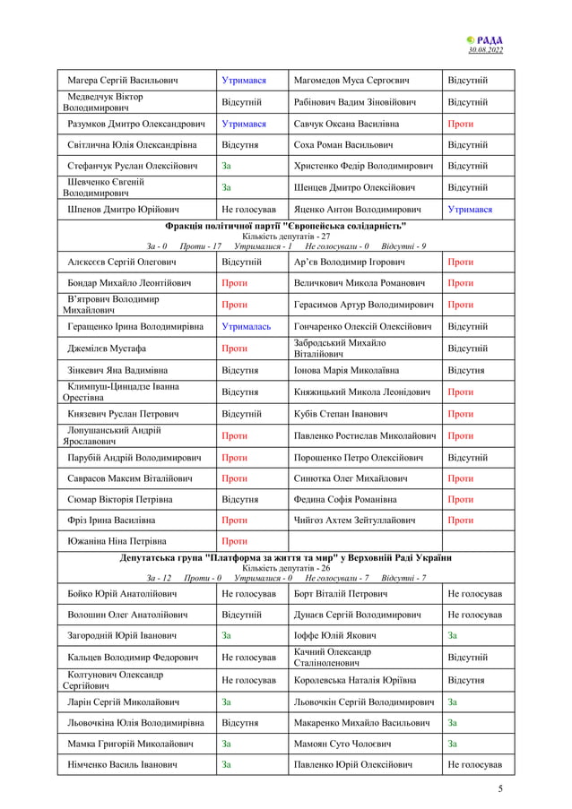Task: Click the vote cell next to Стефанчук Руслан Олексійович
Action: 227,166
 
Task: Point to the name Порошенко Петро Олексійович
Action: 364,457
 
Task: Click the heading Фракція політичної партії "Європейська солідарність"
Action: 286,225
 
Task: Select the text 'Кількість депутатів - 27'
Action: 286,236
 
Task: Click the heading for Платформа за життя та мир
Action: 286,557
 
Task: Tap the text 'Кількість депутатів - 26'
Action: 286,568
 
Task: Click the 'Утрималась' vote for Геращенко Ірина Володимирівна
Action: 246,327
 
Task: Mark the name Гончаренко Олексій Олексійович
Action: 365,327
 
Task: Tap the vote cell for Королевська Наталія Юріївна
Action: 465,680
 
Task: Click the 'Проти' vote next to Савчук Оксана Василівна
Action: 460,124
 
